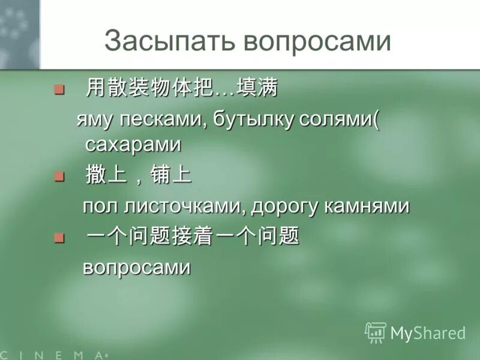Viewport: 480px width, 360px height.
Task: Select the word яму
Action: pos(94,119)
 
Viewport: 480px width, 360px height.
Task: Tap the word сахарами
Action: pos(133,144)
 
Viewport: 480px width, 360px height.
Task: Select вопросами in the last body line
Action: pos(136,267)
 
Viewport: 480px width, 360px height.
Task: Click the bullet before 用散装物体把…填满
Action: pos(59,90)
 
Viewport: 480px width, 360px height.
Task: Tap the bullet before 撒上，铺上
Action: pos(59,176)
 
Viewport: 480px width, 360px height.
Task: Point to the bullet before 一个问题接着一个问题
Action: pos(59,238)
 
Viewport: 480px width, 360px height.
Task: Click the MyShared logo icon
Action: pos(376,332)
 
